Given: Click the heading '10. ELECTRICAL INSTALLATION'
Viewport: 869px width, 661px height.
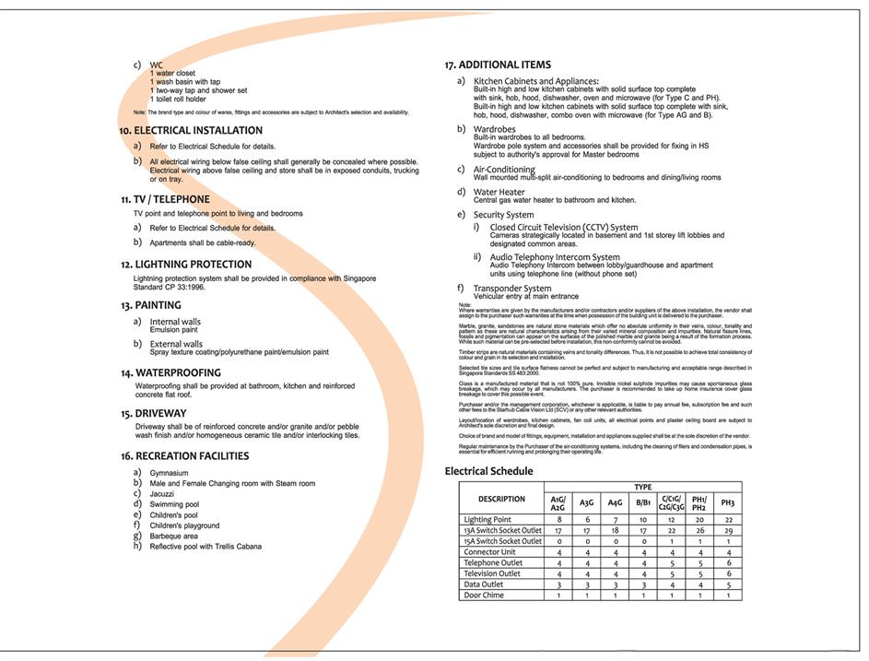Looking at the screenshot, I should (191, 131).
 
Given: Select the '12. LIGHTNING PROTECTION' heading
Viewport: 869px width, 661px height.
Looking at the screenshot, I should (186, 265).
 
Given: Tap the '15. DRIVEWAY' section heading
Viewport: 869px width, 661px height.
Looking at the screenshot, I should (153, 414).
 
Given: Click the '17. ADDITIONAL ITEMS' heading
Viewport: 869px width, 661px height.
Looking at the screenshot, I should (498, 65).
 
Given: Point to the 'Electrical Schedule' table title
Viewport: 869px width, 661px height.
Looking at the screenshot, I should (488, 471).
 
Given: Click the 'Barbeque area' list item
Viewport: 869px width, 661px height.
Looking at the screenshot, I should (174, 536).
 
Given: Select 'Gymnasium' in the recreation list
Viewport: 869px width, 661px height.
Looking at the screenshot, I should (170, 473).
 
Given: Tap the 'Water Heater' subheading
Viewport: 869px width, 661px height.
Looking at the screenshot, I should (499, 192).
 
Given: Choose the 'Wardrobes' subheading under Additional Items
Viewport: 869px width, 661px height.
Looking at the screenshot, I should (496, 129).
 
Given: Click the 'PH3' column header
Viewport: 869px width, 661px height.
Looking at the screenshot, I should (727, 502).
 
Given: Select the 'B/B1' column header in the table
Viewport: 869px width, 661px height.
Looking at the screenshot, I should (643, 502).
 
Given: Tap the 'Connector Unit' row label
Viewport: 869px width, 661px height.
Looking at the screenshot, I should (490, 552).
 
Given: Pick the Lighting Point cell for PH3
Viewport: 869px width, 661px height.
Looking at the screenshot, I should (727, 520).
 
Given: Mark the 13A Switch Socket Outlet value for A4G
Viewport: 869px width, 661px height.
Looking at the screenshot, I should (615, 531).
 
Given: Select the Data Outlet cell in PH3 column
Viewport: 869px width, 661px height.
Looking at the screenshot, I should (727, 584).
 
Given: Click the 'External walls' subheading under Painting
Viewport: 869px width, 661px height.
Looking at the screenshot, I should (176, 344).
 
